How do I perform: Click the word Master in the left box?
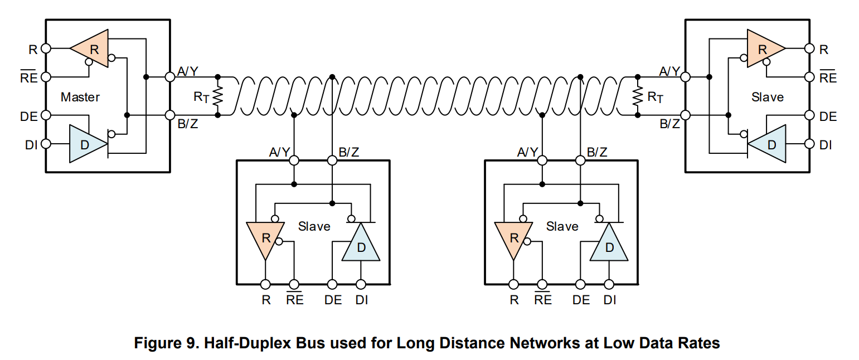pyautogui.click(x=80, y=97)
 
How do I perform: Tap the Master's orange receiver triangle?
pyautogui.click(x=91, y=48)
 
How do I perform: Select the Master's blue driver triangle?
pyautogui.click(x=86, y=144)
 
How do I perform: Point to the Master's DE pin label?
pyautogui.click(x=29, y=116)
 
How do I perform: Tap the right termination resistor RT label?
pyautogui.click(x=656, y=97)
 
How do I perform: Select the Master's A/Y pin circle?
pyautogui.click(x=170, y=76)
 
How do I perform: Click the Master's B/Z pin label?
pyautogui.click(x=187, y=124)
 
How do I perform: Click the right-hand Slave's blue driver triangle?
pyautogui.click(x=769, y=144)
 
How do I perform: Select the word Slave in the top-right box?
pyautogui.click(x=768, y=97)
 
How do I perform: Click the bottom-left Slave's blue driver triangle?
pyautogui.click(x=361, y=245)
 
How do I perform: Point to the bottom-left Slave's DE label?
pyautogui.click(x=333, y=300)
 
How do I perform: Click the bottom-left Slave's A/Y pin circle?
pyautogui.click(x=293, y=160)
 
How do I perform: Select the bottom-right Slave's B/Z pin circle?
pyautogui.click(x=580, y=160)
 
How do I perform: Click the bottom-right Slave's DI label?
pyautogui.click(x=610, y=300)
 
